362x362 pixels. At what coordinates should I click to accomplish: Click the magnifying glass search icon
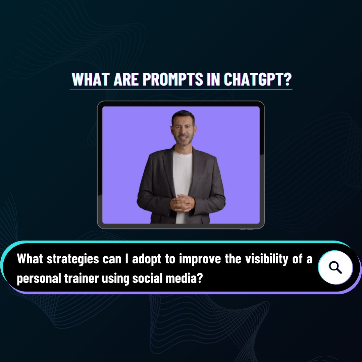[335, 267]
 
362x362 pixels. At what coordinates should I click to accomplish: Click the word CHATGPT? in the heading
[258, 79]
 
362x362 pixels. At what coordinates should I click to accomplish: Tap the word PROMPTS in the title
[173, 79]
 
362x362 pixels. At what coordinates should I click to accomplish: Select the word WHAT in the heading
[91, 79]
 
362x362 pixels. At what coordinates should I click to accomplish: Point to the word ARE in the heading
[126, 79]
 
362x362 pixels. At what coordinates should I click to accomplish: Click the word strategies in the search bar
[73, 259]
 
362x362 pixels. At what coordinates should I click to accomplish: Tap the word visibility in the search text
[267, 259]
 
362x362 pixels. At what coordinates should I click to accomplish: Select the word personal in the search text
[39, 278]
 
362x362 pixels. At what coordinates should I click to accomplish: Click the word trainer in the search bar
[82, 278]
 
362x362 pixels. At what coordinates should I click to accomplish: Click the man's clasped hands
[182, 203]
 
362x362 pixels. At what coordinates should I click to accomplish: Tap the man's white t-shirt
[183, 180]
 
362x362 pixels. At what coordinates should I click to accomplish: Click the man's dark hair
[183, 115]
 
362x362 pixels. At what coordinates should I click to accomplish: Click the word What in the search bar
[30, 259]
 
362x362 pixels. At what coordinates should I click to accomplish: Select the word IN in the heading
[213, 79]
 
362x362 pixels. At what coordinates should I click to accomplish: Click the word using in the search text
[116, 278]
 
